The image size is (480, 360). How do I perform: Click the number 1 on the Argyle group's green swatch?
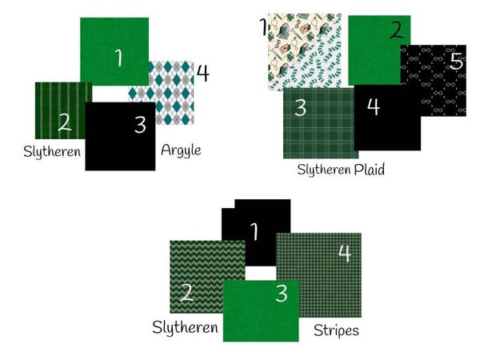118,58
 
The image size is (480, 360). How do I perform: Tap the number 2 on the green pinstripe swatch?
65,122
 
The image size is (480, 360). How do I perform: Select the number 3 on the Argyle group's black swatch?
140,126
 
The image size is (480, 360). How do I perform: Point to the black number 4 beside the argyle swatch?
202,73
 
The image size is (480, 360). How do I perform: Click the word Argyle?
181,150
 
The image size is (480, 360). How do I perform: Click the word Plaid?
369,170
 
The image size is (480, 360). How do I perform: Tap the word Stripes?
336,330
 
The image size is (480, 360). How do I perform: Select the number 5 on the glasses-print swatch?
457,62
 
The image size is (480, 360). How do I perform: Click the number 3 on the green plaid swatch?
300,108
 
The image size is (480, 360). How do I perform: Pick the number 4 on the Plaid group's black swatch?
374,106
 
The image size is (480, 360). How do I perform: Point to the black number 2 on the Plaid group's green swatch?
397,30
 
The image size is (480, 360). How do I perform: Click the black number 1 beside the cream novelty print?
263,26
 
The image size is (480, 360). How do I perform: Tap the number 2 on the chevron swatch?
187,292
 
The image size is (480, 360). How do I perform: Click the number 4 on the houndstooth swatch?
345,254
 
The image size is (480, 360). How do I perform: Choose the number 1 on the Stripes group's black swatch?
254,231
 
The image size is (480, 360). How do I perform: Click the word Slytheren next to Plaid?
324,170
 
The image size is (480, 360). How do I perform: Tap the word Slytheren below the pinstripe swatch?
52,151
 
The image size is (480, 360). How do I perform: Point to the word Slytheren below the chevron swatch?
186,327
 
